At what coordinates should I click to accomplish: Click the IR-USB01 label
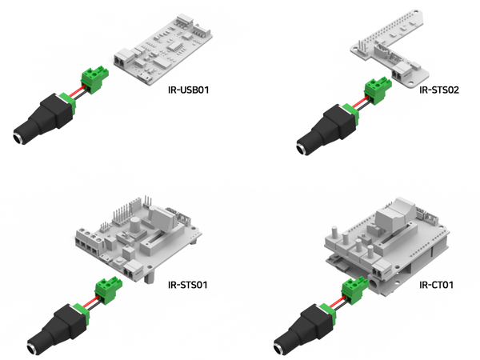[x=188, y=90]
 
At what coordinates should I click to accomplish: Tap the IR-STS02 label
[x=439, y=90]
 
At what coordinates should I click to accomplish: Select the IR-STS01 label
[x=188, y=285]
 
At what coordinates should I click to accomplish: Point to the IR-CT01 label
[x=436, y=285]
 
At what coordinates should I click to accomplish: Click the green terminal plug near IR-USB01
[x=94, y=78]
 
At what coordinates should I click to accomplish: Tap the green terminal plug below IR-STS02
[x=378, y=90]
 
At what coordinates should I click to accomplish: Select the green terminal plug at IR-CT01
[x=354, y=289]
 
